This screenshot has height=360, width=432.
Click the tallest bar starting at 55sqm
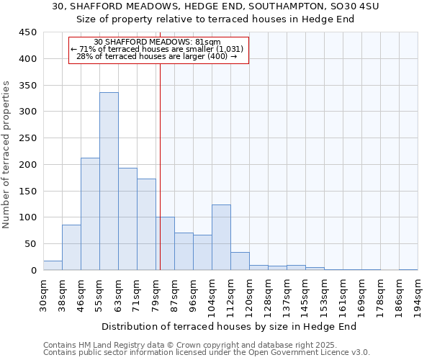click(x=109, y=181)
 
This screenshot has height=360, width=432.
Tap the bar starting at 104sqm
click(x=221, y=238)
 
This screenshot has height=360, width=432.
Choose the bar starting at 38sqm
click(x=71, y=248)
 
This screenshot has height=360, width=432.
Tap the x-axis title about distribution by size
click(x=229, y=326)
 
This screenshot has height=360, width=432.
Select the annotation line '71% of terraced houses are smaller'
click(x=157, y=49)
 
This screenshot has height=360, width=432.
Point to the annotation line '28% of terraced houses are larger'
click(x=156, y=56)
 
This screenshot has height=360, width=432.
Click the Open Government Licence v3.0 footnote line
click(x=206, y=352)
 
